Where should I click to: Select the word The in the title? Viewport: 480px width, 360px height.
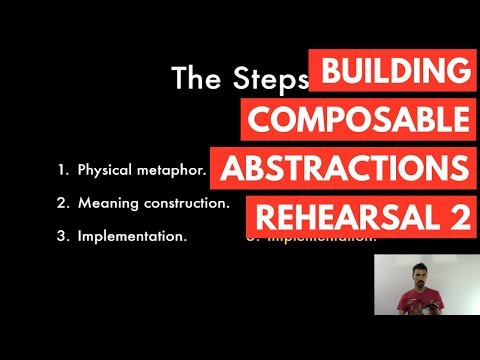point(193,78)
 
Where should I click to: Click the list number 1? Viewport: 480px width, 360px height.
point(62,169)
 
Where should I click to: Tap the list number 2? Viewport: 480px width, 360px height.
point(62,203)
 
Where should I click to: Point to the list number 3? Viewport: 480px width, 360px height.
point(62,237)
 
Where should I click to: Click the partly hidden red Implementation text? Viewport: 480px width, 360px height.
point(320,240)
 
